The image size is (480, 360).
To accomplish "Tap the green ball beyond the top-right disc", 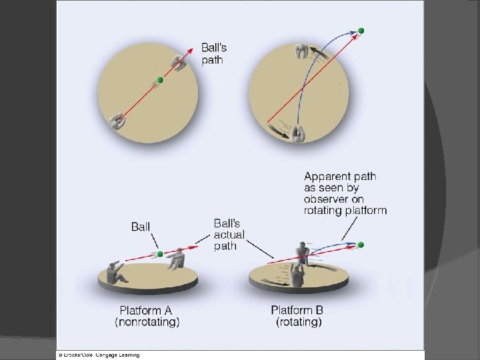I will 361,31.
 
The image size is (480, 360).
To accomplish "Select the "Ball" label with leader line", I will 141,227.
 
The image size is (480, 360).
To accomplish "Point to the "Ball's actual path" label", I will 229,235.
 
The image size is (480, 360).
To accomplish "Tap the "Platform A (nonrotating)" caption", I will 149,316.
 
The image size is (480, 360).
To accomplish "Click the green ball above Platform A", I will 160,254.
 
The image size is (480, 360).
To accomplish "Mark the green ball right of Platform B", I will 361,245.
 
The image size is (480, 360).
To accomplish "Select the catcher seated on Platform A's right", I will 176,259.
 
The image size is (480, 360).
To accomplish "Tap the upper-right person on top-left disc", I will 178,62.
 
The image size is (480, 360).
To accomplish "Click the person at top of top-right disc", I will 301,51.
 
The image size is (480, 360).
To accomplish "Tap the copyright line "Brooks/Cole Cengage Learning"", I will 100,355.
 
